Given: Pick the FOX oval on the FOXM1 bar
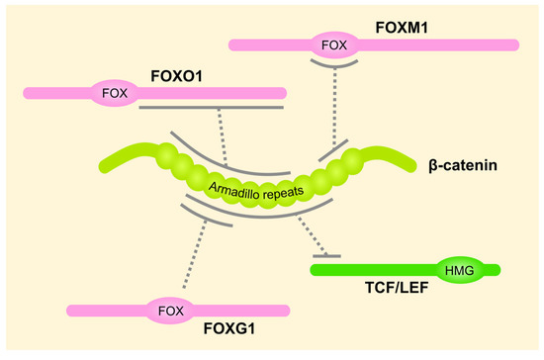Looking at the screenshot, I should click(x=336, y=45).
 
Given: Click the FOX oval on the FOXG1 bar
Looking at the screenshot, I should click(x=169, y=310).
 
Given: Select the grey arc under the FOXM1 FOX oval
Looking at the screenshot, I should click(x=336, y=66).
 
